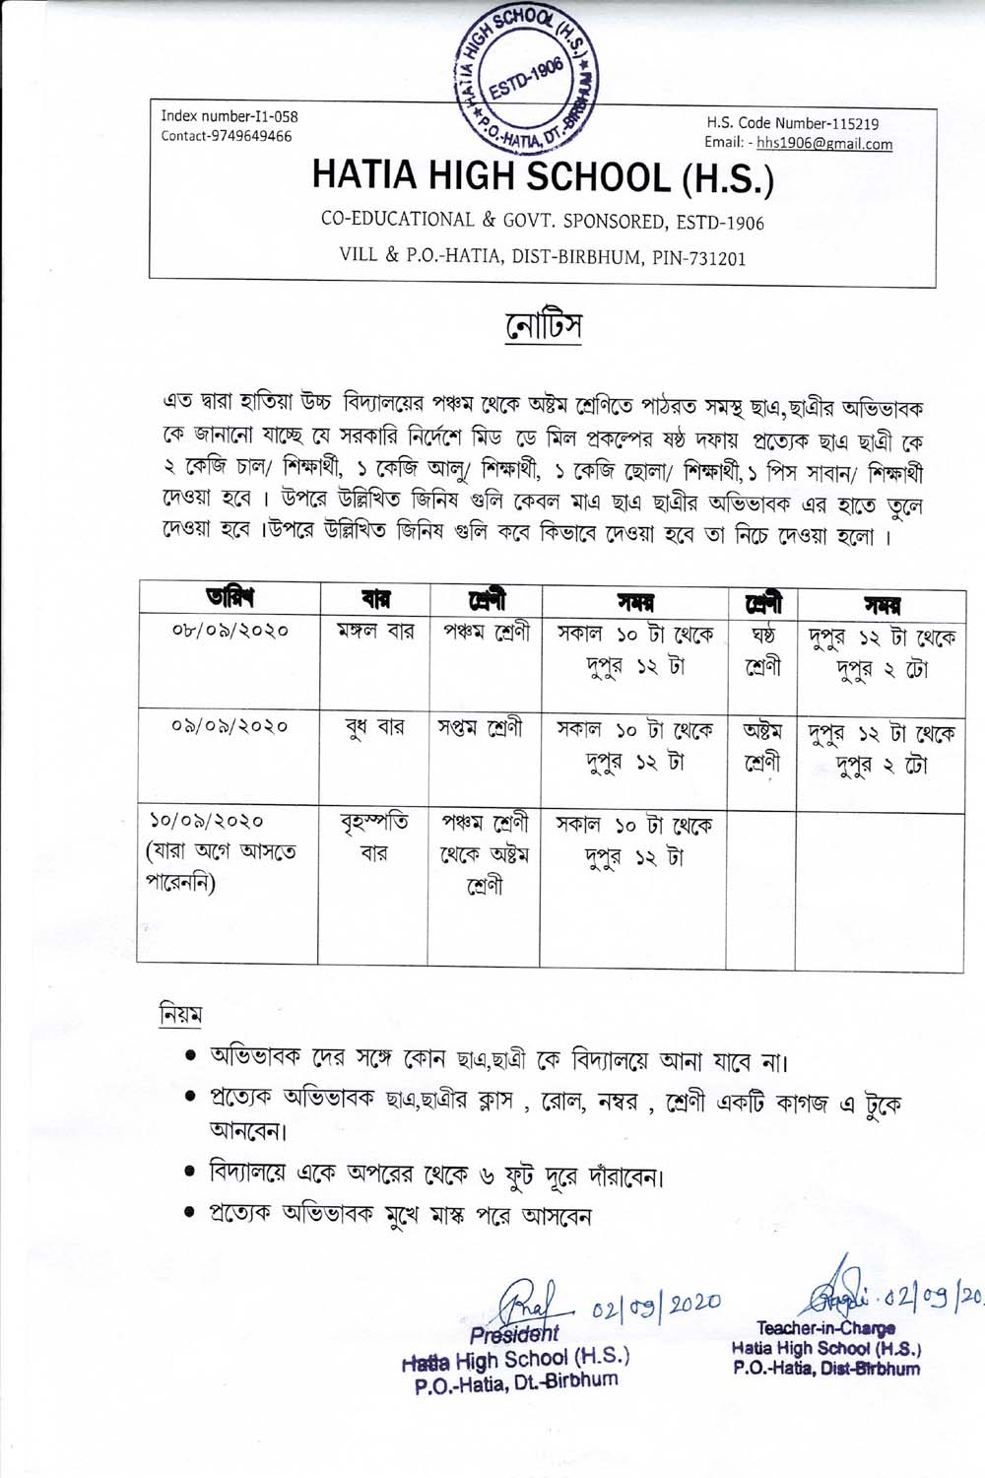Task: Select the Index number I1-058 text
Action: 230,116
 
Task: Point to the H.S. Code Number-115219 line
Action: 793,123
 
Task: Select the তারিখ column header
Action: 230,597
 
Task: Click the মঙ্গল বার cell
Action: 374,630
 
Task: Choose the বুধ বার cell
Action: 374,729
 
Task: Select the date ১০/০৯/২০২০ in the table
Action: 208,820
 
